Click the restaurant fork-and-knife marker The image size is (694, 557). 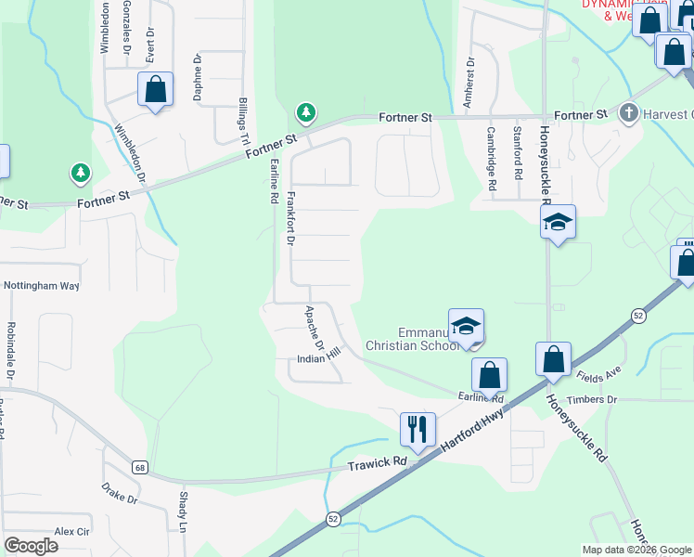pos(418,429)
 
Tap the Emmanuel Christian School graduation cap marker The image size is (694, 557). pos(466,325)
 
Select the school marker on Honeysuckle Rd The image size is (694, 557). pos(558,222)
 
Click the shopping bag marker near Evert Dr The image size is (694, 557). pos(156,90)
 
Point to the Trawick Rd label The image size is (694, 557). pos(378,462)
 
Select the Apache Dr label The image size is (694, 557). pos(313,329)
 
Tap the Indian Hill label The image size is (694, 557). pos(319,357)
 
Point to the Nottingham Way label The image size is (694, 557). pos(42,286)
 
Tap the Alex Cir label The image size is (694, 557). pos(71,531)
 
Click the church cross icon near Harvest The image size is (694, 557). pos(628,114)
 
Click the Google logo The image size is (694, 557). pos(31,546)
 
